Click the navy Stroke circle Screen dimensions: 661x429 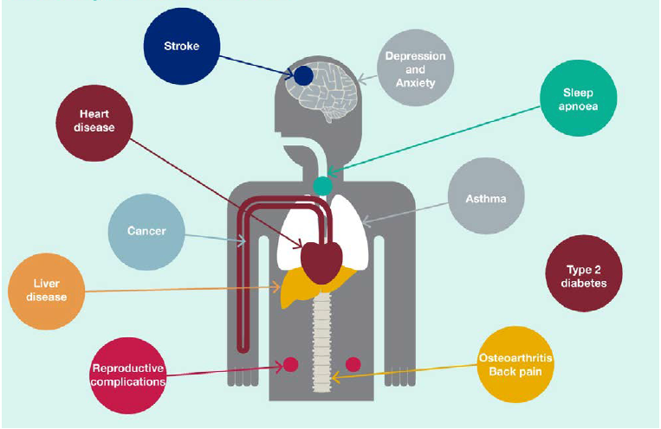click(182, 46)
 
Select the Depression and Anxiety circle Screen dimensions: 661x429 click(415, 67)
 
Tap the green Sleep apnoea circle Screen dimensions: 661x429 click(579, 98)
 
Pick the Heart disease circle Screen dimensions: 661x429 click(94, 123)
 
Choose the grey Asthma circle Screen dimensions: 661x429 click(486, 195)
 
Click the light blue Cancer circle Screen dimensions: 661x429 click(146, 232)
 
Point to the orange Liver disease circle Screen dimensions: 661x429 click(47, 291)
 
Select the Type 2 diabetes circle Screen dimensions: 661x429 click(584, 273)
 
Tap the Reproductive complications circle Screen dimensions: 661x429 click(128, 375)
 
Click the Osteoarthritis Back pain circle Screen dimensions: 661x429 click(515, 364)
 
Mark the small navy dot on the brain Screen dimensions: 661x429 click(303, 76)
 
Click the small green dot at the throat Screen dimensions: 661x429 click(322, 186)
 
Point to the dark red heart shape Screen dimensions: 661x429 click(321, 263)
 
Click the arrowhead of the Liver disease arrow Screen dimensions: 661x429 click(276, 287)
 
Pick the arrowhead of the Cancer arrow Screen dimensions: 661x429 click(243, 241)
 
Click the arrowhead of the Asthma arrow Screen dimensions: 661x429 click(366, 221)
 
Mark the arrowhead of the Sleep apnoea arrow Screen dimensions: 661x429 click(331, 172)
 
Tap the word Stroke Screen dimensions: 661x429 click(182, 46)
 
